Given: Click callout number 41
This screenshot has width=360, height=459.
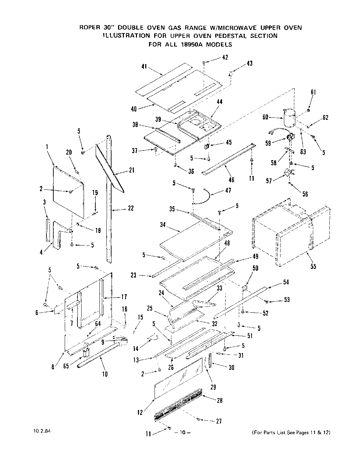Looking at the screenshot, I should [x=145, y=67].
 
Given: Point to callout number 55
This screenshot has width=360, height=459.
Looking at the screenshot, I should [x=313, y=266].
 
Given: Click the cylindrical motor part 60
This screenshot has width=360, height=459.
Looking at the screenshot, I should [x=288, y=117].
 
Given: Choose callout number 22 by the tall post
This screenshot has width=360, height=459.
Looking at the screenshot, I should [x=130, y=208].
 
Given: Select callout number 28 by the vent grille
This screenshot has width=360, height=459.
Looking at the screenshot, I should [x=220, y=400].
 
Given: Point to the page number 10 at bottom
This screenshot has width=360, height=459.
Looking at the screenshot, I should [x=182, y=432].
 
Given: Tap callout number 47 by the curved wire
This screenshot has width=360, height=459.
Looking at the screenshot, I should [x=228, y=190].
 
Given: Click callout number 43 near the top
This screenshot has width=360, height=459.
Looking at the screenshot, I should [x=249, y=63].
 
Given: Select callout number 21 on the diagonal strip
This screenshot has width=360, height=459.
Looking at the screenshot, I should [x=131, y=170].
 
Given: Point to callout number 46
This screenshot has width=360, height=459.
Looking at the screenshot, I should [x=231, y=179].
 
